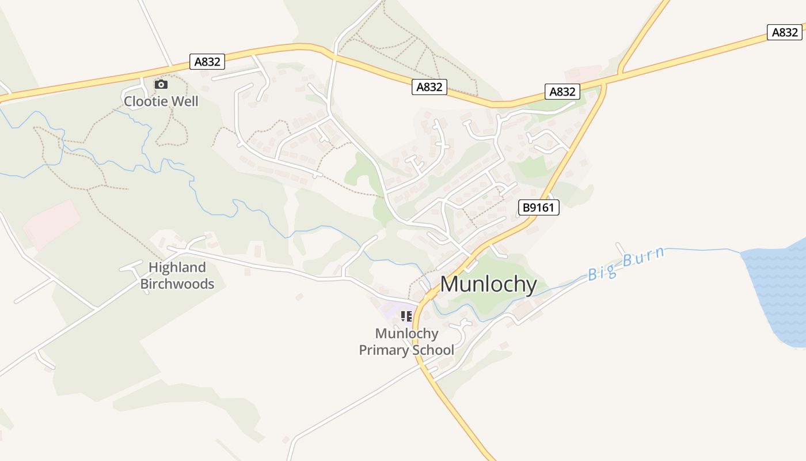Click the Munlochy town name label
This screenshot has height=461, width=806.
(489, 284)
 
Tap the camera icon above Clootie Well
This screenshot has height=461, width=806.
(161, 85)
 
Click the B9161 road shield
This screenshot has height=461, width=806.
(539, 207)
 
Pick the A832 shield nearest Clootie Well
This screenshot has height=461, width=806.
(207, 62)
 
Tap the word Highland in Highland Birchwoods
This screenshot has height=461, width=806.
(177, 267)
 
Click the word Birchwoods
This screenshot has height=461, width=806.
(177, 284)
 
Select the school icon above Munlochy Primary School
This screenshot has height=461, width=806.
(406, 316)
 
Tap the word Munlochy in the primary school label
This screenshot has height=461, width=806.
(406, 333)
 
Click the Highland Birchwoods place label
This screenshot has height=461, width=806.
(177, 275)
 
